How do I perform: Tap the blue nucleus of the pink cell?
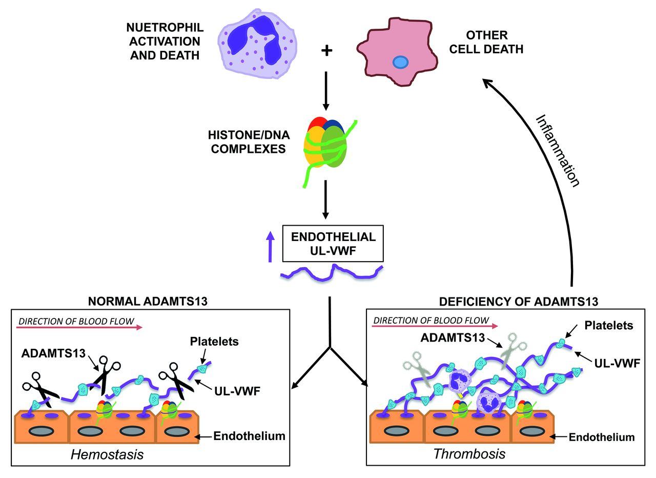point(400,63)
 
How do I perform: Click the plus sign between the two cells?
point(326,50)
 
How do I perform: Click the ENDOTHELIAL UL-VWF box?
point(333,244)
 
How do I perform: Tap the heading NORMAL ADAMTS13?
point(148,301)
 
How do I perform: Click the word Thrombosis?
point(462,453)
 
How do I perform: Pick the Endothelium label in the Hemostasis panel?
point(249,436)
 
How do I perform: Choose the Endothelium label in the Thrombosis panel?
point(602,437)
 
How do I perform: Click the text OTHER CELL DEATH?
point(486,43)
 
